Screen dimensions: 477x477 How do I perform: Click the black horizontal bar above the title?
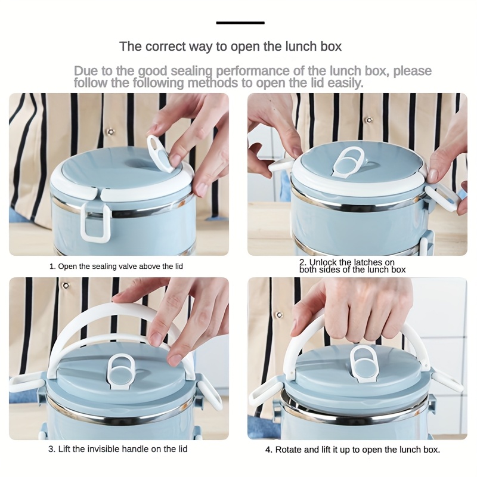point(240,23)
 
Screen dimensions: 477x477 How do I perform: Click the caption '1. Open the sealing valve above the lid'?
point(116,267)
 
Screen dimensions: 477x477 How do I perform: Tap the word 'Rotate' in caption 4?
point(289,450)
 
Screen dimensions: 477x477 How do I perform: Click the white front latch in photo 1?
point(95,222)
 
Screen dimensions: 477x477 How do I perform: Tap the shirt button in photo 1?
point(111,132)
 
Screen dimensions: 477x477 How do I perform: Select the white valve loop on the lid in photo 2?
point(349,162)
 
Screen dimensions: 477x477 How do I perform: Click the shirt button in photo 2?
point(369,120)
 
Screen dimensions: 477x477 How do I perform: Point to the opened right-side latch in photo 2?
point(442,198)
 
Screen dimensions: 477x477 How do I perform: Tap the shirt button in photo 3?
point(66,286)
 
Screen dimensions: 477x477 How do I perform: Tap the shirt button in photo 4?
point(279,315)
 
